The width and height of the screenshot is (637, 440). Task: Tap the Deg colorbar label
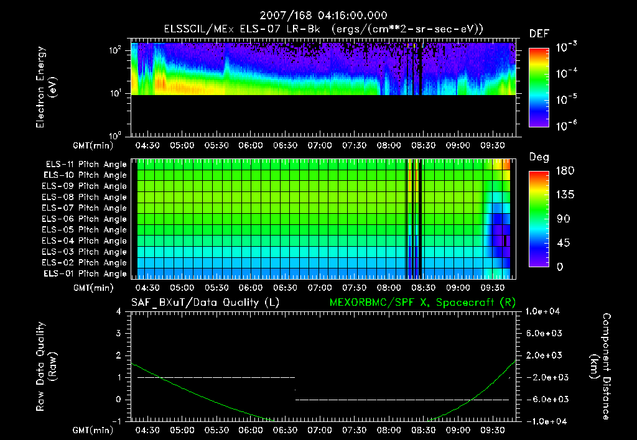(x=539, y=157)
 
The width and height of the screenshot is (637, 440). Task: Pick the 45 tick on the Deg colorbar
(x=560, y=243)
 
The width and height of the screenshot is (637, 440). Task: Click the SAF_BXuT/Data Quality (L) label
(x=205, y=302)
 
